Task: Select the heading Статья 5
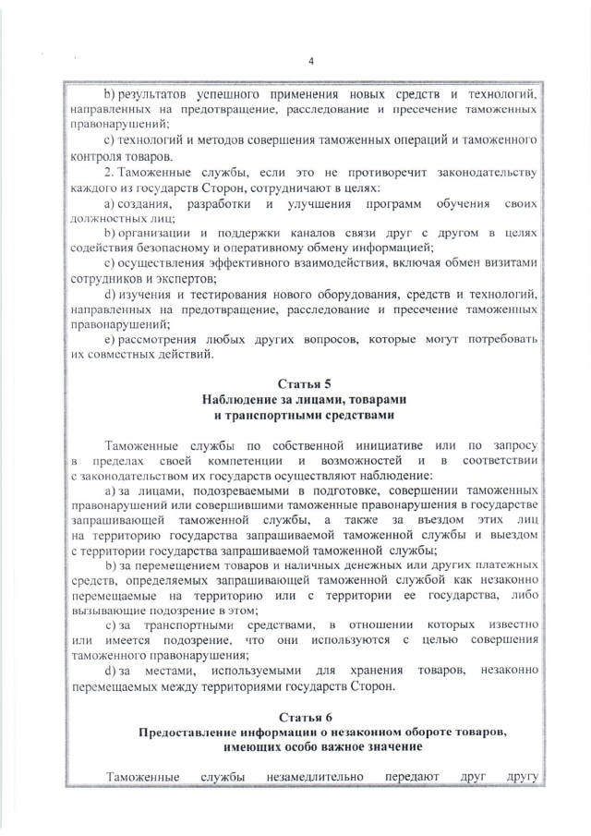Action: pyautogui.click(x=304, y=383)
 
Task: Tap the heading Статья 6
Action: pyautogui.click(x=304, y=718)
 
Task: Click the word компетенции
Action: pyautogui.click(x=243, y=461)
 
